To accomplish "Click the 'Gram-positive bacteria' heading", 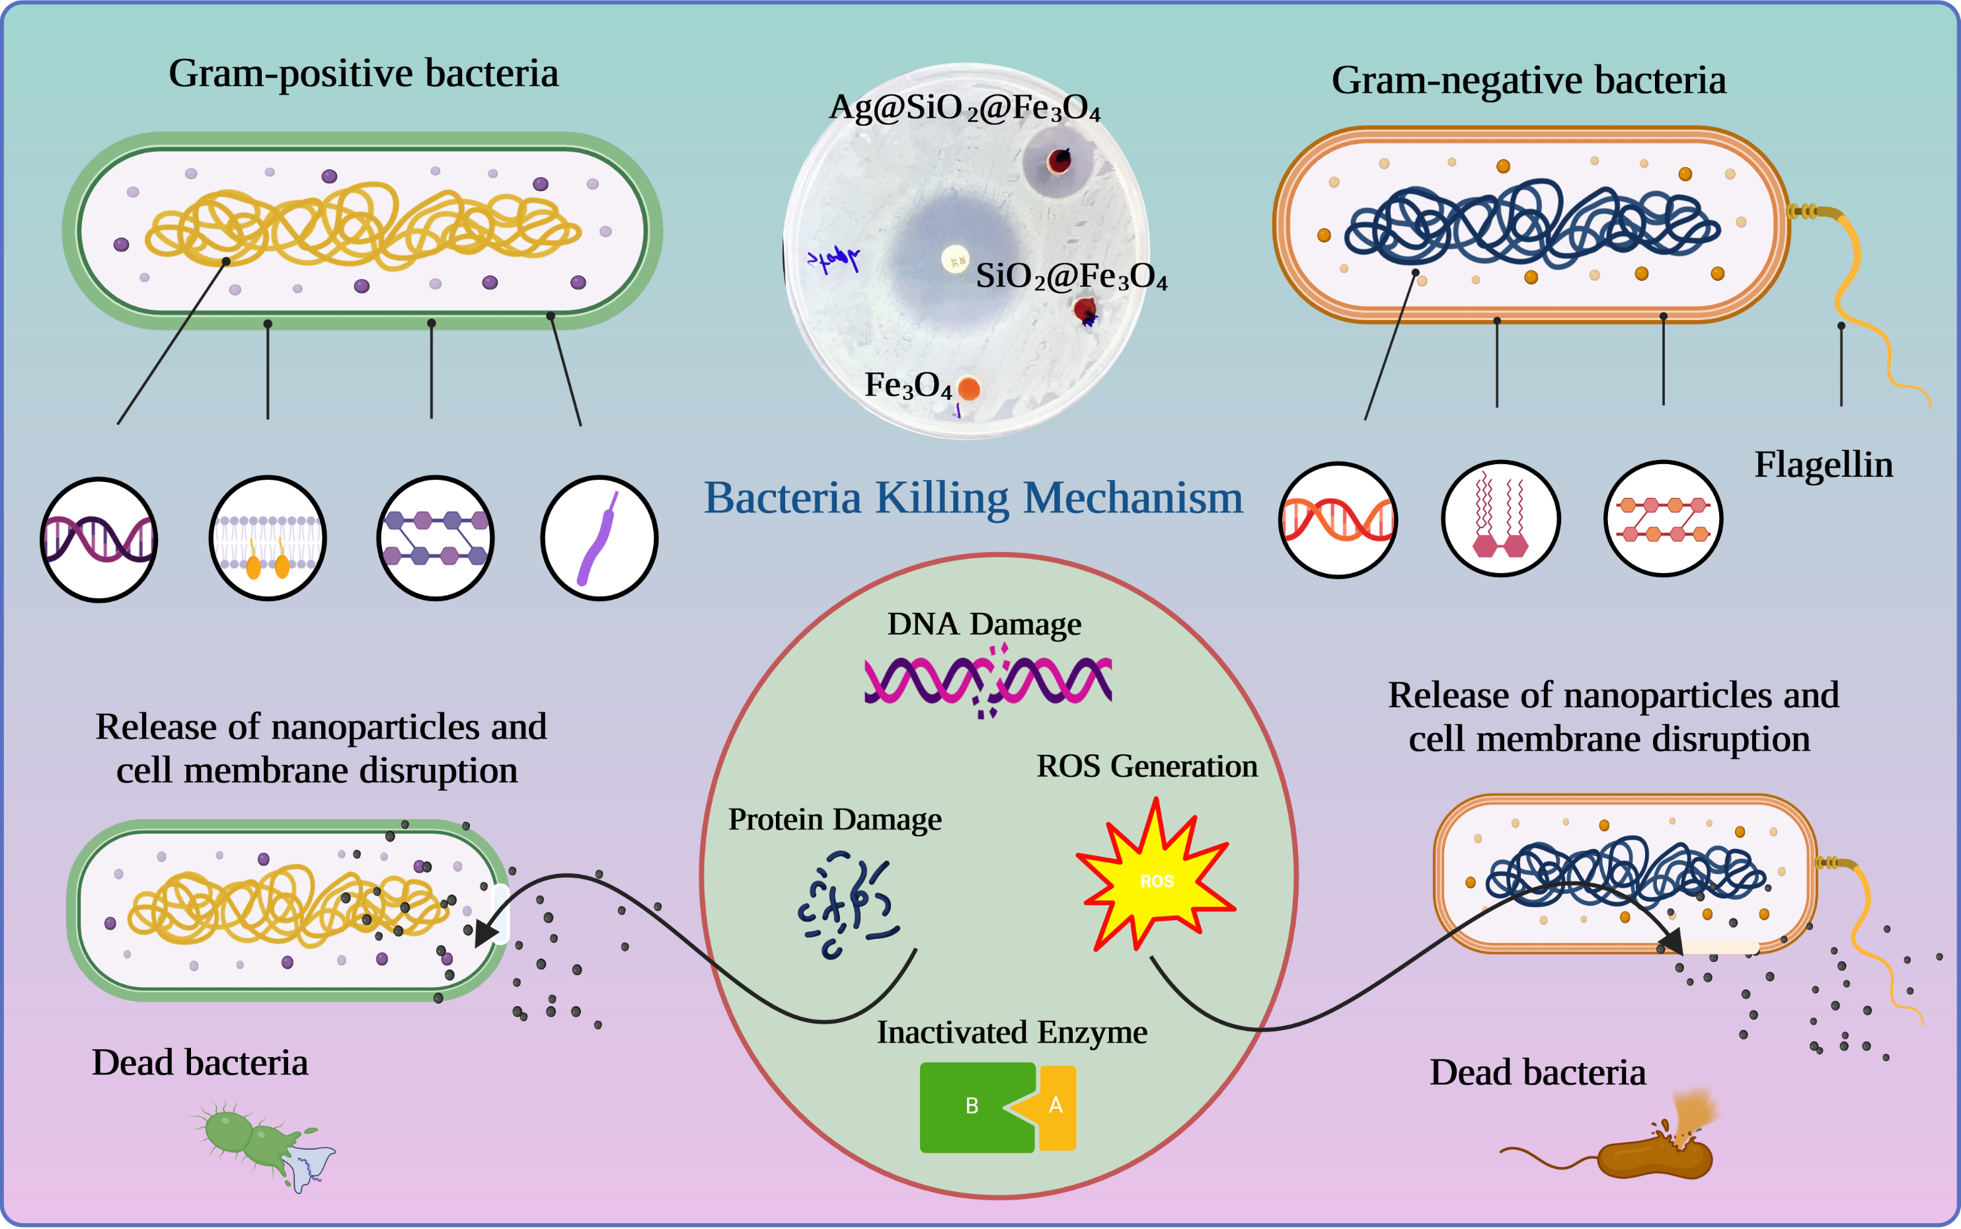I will (364, 74).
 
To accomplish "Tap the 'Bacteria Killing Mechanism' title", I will (973, 497).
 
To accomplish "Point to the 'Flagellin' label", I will (1823, 465).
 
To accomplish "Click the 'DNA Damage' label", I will (984, 624).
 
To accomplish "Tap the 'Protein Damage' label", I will (835, 819).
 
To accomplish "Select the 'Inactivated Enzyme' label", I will (1012, 1032).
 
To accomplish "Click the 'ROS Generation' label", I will (1147, 766).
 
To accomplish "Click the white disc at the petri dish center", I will (955, 259).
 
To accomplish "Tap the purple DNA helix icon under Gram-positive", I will (99, 539).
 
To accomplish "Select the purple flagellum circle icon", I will (599, 538).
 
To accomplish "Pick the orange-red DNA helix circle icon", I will (1338, 520).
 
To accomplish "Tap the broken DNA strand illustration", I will (987, 681).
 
